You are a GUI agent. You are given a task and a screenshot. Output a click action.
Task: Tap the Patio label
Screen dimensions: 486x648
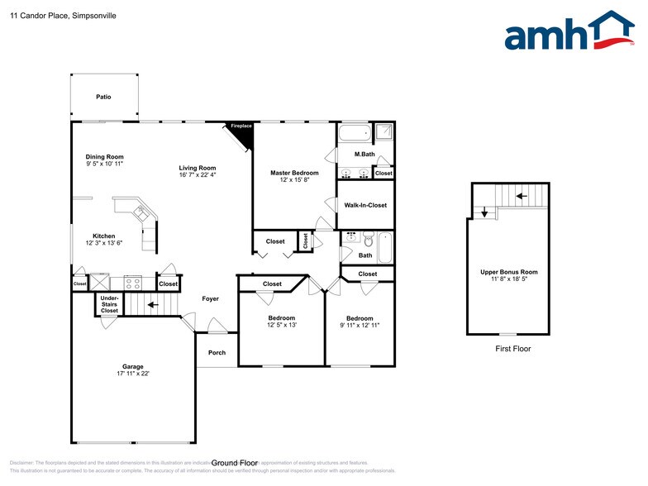point(103,97)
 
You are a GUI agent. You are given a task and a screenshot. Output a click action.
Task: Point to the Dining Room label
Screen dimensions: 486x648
point(105,156)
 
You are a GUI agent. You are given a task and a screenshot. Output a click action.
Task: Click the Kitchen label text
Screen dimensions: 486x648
point(104,236)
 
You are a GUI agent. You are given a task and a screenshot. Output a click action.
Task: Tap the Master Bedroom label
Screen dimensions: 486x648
point(294,173)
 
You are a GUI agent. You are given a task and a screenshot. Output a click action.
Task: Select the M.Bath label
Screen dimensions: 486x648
point(365,155)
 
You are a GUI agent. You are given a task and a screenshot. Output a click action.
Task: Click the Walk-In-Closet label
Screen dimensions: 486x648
point(365,205)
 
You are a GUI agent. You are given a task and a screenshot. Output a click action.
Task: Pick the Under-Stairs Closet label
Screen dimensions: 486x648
point(110,304)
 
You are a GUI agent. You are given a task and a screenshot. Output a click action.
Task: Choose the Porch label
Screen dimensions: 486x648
point(217,353)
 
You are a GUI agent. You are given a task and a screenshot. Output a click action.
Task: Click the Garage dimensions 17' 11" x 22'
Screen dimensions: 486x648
point(133,374)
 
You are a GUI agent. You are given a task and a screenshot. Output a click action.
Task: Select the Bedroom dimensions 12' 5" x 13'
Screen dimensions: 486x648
point(281,325)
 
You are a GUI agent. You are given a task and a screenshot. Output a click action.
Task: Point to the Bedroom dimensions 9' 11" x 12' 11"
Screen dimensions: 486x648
point(360,326)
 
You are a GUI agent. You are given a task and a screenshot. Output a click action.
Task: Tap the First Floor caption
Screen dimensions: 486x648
point(513,349)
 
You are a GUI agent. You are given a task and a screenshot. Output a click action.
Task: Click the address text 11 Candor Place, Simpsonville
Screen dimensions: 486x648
point(51,14)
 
